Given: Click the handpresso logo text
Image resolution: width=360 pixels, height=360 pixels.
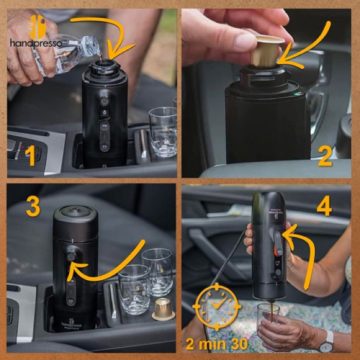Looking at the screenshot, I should [35, 43].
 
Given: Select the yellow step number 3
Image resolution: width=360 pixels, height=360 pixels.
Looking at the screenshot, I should [32, 206].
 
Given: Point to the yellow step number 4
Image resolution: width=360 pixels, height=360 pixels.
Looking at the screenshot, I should [323, 206].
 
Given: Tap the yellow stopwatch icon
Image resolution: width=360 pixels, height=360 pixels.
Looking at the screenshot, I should [217, 308].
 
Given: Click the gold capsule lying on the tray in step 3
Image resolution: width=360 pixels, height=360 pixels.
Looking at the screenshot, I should [163, 309].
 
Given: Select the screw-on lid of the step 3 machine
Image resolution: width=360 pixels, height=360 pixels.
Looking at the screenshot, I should [75, 213].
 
